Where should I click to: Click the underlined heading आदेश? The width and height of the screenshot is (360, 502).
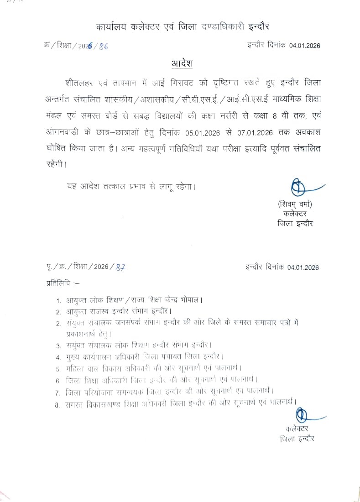pyautogui.click(x=182, y=63)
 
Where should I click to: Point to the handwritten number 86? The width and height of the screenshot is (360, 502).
pyautogui.click(x=104, y=46)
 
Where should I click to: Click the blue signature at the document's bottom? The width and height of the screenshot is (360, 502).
pyautogui.click(x=303, y=417)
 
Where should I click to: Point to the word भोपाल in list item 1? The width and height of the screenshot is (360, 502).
pyautogui.click(x=191, y=301)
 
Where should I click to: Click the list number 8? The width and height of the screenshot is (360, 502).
pyautogui.click(x=58, y=404)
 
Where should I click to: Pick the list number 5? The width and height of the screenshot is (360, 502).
pyautogui.click(x=58, y=369)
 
